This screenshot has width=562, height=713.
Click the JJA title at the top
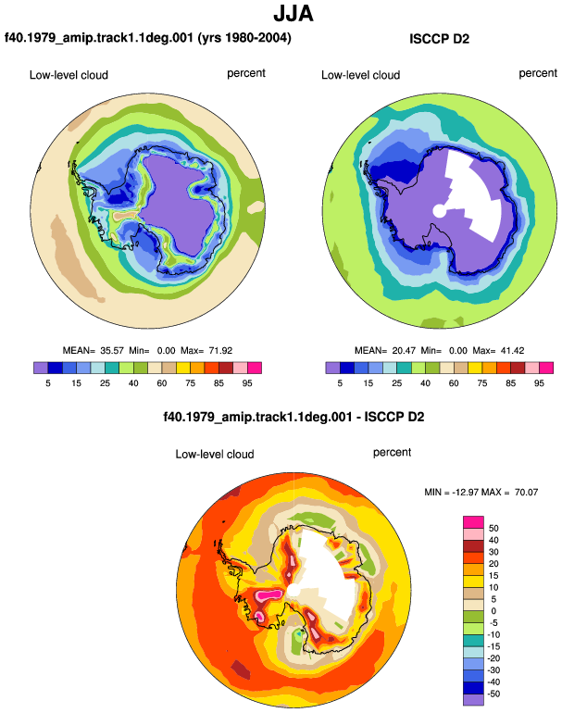coord(293,14)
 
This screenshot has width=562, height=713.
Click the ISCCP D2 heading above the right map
coord(439,39)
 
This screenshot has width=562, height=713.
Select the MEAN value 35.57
coord(112,351)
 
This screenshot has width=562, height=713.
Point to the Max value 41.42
coord(512,351)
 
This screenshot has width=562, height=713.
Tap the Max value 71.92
coord(220,351)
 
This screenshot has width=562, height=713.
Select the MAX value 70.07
coord(527,492)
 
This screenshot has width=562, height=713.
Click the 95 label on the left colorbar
coord(247,383)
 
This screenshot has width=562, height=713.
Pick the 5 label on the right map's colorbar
coord(340,383)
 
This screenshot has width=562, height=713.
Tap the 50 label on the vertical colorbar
coord(493,528)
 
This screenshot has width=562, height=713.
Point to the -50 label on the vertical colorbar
coord(493,694)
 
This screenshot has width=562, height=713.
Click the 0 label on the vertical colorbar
coord(493,611)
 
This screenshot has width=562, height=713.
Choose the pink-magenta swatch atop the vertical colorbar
coord(473,522)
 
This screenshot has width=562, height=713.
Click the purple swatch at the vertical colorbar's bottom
coord(473,699)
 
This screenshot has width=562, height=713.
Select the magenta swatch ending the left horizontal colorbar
coord(255,368)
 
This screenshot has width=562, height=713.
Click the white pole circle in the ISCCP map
coord(439,211)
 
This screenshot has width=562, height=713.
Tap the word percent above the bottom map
coord(392,453)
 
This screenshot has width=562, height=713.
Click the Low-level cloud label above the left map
coord(69,75)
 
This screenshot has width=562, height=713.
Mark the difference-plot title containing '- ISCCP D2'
coord(293,417)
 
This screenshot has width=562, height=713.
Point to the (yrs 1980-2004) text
coord(244,37)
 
